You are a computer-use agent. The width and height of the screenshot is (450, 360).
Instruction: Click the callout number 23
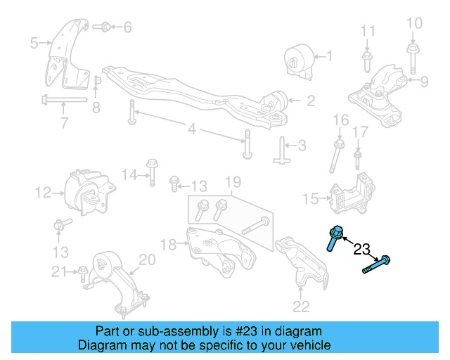coord(361,249)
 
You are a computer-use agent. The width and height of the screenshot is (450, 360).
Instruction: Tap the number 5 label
coord(34,44)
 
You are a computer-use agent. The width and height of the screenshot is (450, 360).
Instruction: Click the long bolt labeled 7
coord(63,98)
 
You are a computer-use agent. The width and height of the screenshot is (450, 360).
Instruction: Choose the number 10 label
coord(415,24)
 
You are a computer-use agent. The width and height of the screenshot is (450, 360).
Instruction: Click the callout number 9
coord(424,82)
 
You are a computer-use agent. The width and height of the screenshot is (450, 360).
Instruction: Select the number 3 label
coord(302,146)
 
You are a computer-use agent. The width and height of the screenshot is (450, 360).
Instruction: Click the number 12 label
coord(44,191)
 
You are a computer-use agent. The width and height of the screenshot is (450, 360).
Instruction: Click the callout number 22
coord(300,306)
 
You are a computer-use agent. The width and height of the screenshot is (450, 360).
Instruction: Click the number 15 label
coord(310,200)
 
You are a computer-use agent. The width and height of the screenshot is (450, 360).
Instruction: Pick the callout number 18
coord(167,245)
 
